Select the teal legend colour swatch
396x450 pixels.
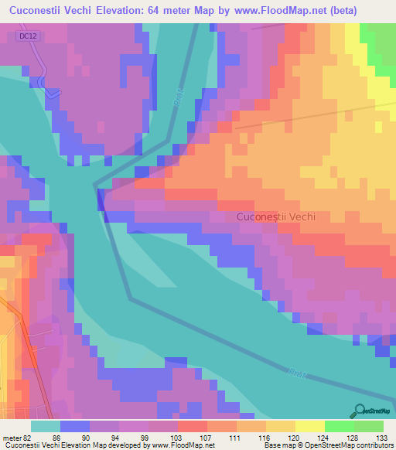pos(46,425)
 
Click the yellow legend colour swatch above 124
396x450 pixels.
pos(310,425)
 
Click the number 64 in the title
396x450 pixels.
pos(166,12)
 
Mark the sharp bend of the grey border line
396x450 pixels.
pos(95,186)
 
